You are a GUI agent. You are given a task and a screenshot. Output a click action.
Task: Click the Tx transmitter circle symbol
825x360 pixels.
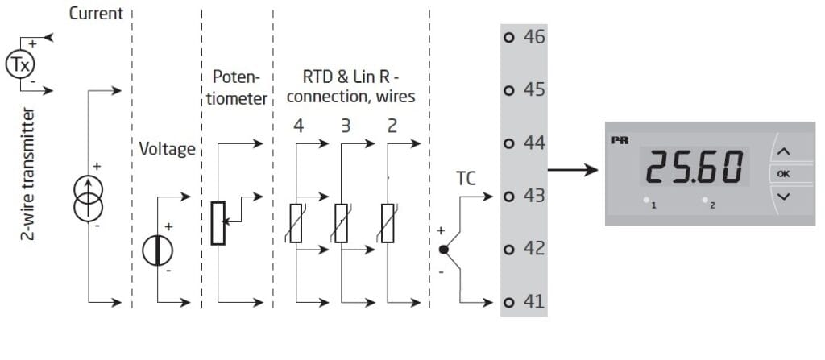coord(19,63)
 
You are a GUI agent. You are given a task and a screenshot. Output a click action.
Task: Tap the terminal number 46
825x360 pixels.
coord(534,36)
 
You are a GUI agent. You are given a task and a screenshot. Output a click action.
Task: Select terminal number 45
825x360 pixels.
coord(534,89)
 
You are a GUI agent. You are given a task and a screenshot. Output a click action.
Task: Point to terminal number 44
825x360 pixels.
coord(534,143)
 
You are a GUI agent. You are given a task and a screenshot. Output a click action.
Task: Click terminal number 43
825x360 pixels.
coord(534,196)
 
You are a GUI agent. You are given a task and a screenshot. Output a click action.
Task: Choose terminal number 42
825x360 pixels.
coord(534,248)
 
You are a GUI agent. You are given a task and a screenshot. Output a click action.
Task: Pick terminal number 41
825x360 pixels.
coord(534,302)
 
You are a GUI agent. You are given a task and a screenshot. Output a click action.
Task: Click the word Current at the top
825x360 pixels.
coord(96,13)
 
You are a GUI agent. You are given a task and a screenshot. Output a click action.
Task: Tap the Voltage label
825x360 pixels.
coord(168,149)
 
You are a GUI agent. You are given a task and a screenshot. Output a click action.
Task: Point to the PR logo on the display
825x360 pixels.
coord(620,139)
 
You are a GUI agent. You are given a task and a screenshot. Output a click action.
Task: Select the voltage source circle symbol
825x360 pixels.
coord(153,250)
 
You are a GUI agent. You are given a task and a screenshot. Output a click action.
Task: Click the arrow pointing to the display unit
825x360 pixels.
coord(572,170)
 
